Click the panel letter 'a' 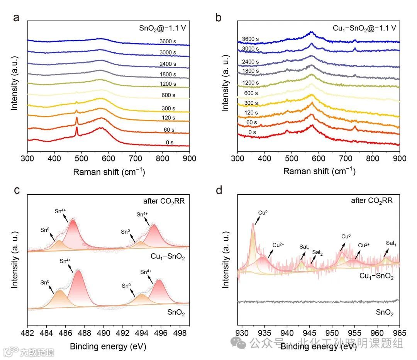click(x=17, y=18)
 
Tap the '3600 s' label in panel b click(x=250, y=39)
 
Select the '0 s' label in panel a click(x=170, y=142)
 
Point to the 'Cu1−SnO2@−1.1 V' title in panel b click(x=364, y=28)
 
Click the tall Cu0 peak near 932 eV click(x=253, y=224)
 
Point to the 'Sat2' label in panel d click(x=317, y=252)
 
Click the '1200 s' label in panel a click(x=168, y=84)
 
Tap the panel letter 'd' click(x=219, y=190)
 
